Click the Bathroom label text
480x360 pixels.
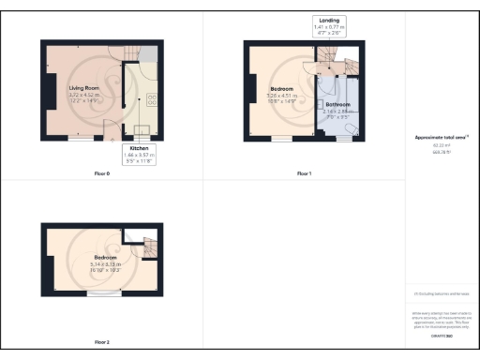point(337,104)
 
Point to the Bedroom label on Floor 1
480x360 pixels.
point(281,90)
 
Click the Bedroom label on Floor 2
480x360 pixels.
point(104,256)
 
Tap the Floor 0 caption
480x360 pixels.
point(102,173)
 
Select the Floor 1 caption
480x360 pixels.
point(304,173)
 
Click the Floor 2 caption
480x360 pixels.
point(102,342)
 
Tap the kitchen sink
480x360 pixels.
point(149,74)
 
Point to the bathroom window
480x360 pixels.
point(350,138)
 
